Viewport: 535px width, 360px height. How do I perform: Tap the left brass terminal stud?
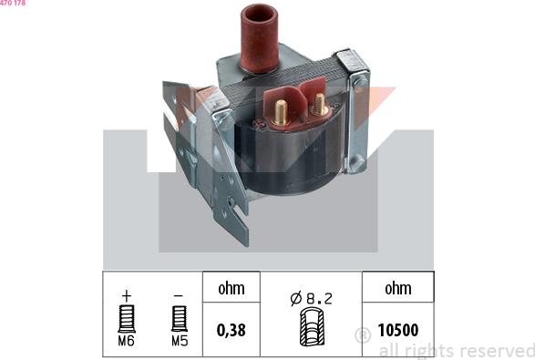point(281,112)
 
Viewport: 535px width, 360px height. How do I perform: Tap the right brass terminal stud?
point(320,104)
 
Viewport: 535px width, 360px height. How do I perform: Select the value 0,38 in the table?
point(231,330)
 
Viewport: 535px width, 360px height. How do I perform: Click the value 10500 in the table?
point(398,330)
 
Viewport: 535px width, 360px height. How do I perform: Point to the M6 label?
point(127,341)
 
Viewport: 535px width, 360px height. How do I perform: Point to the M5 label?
point(180,341)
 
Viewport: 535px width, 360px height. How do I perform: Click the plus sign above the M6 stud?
point(127,296)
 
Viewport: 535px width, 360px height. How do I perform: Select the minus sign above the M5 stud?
point(179,296)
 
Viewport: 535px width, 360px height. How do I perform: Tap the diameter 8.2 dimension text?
point(311,299)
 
